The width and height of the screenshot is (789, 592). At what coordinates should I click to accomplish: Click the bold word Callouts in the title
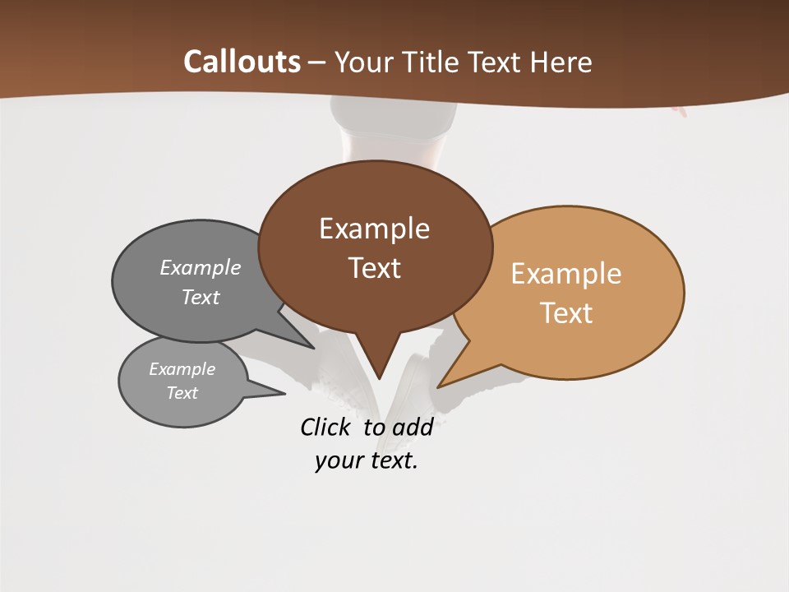click(x=242, y=62)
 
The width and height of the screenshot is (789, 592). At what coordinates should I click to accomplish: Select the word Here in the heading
click(x=561, y=62)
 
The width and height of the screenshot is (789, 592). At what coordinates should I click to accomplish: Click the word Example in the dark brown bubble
click(x=374, y=229)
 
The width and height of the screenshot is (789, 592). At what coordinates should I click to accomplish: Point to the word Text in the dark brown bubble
click(x=374, y=268)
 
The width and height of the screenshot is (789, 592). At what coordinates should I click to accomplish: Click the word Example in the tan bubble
click(x=566, y=274)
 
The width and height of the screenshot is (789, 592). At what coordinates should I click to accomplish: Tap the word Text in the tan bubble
click(x=566, y=313)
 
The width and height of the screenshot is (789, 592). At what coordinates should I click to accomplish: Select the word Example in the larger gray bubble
click(x=201, y=268)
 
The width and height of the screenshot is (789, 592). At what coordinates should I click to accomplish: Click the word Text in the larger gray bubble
click(x=201, y=297)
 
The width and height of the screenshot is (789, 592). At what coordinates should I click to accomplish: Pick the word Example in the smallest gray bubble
click(x=182, y=369)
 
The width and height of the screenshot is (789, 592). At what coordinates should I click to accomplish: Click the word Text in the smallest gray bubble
click(x=182, y=393)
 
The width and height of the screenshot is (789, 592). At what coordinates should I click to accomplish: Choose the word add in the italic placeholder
click(x=413, y=427)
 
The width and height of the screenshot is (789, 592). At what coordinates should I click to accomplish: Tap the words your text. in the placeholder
click(x=367, y=460)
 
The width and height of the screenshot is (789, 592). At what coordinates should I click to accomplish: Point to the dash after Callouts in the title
click(x=316, y=62)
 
